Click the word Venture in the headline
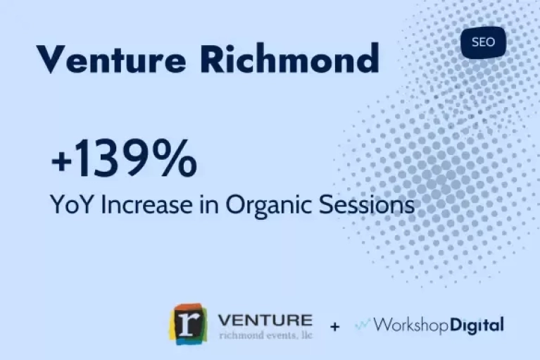click(x=111, y=58)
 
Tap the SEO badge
click(x=483, y=42)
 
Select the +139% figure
click(x=125, y=158)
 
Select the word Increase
click(x=146, y=204)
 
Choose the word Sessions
click(x=366, y=204)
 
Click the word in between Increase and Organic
click(x=208, y=204)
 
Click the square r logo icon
click(x=188, y=324)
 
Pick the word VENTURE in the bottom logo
click(x=265, y=320)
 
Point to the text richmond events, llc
click(x=266, y=335)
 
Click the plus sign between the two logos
click(x=334, y=326)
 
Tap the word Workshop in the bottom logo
click(x=410, y=325)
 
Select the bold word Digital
click(x=477, y=325)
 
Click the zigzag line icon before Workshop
click(x=363, y=324)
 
